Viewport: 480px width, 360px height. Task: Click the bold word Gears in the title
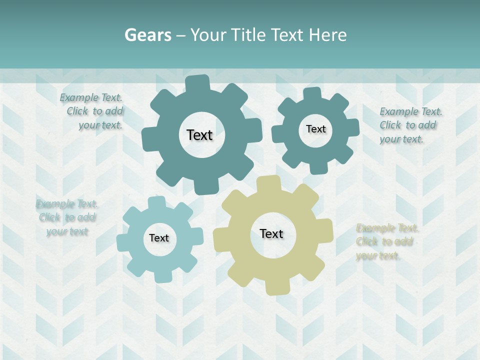coord(147,35)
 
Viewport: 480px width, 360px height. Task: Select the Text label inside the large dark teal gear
coord(199,135)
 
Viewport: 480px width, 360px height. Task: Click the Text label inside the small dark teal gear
coord(315,129)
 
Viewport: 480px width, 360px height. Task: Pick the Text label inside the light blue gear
coord(159,238)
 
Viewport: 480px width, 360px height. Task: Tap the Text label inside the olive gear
coord(271,233)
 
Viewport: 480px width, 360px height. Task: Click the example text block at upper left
coord(92,111)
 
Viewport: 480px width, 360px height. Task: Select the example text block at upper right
coord(410,125)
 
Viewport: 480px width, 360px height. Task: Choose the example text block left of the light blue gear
coord(67,217)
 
